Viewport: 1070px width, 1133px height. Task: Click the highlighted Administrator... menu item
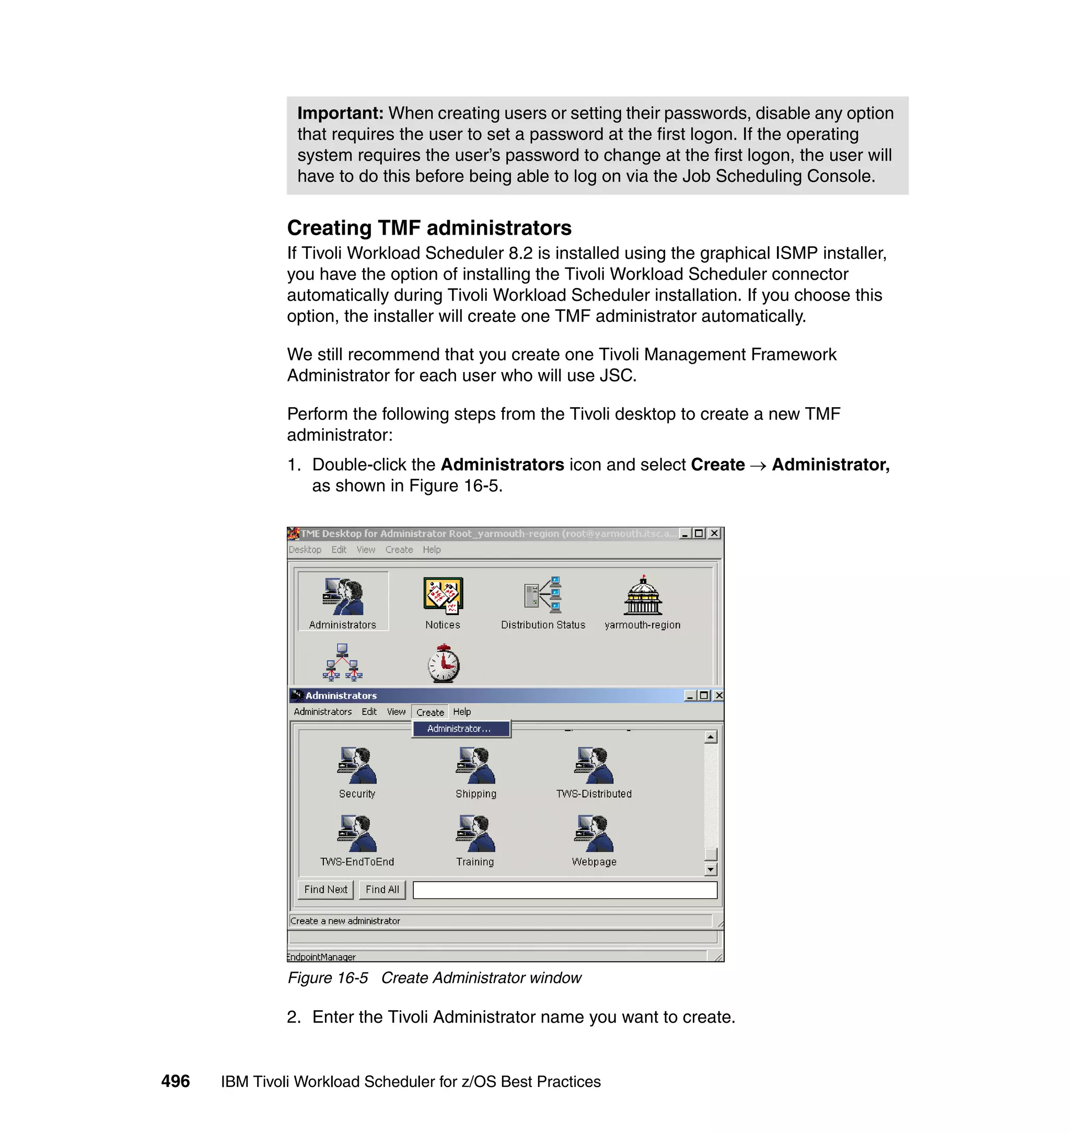(460, 729)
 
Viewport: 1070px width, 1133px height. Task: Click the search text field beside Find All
(565, 890)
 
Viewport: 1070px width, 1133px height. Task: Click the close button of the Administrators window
(719, 696)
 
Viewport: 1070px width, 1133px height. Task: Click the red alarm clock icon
(443, 664)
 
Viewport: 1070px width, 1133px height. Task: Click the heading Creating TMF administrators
(429, 228)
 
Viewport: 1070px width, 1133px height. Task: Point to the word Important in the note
(340, 113)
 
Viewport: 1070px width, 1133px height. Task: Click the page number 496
(176, 1081)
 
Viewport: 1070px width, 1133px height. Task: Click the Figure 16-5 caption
(434, 978)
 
